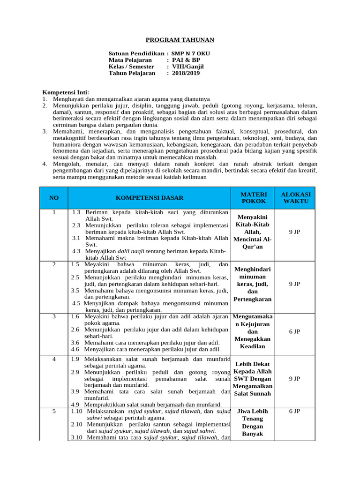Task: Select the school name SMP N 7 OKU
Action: [190, 53]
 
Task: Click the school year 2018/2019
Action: [186, 73]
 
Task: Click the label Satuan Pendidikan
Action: [136, 53]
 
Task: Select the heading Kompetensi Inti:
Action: [66, 92]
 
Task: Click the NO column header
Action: [54, 198]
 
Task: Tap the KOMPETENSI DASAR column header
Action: [150, 198]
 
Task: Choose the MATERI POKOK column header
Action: [254, 197]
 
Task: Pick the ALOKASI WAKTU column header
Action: [295, 197]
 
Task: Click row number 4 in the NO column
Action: [54, 359]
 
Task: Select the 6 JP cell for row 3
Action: [294, 331]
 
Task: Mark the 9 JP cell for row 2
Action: [294, 284]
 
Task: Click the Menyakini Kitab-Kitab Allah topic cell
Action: [254, 232]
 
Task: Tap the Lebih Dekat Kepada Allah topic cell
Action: [254, 378]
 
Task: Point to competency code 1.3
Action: [76, 212]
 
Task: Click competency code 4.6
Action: [75, 349]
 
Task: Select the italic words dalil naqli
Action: [130, 251]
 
